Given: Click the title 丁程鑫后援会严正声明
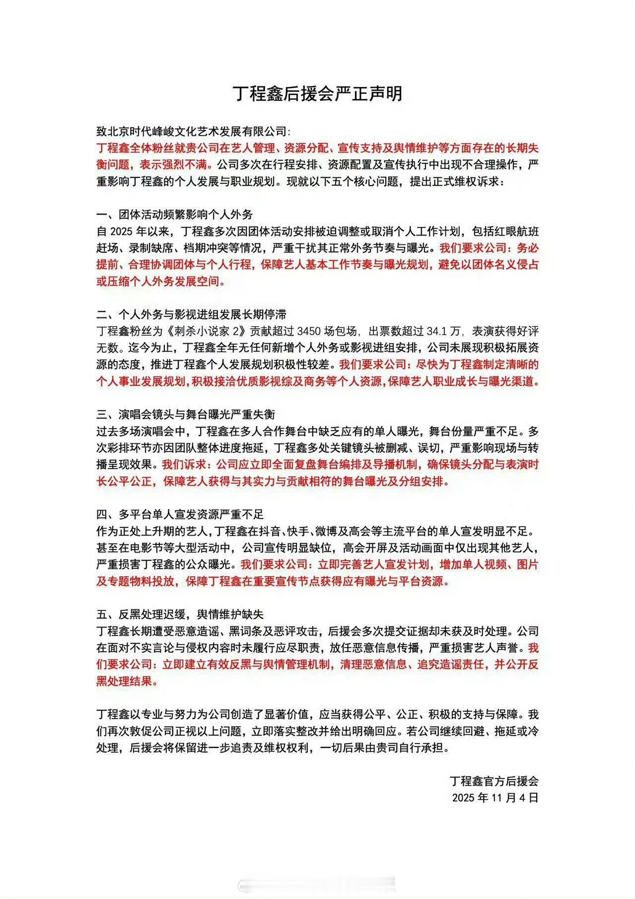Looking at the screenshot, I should pos(317,93).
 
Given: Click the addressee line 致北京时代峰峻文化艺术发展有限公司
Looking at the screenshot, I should pos(191,132).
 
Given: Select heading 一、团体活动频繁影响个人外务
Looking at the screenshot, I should pos(175,215).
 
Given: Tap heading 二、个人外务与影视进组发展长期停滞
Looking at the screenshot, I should pos(191,315).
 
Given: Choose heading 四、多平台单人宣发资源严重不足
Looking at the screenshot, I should pos(180,515).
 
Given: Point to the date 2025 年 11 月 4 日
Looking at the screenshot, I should pos(495,798).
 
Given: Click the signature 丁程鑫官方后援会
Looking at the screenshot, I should pos(494,781).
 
